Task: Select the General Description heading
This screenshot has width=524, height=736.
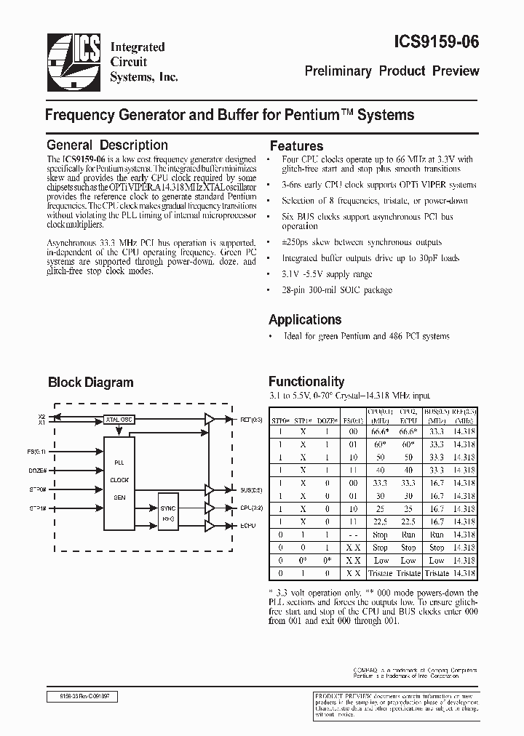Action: [x=107, y=145]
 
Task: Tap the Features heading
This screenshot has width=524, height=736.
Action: [x=296, y=146]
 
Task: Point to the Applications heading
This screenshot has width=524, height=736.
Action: [x=305, y=320]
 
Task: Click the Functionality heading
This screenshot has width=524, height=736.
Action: [x=306, y=381]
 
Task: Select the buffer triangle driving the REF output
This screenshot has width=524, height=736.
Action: [x=210, y=419]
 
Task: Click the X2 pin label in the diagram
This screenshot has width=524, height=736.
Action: [x=41, y=415]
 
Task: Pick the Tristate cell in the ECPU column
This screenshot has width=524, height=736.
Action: [x=408, y=574]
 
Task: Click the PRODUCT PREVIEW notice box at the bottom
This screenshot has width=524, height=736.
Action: [x=395, y=704]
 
